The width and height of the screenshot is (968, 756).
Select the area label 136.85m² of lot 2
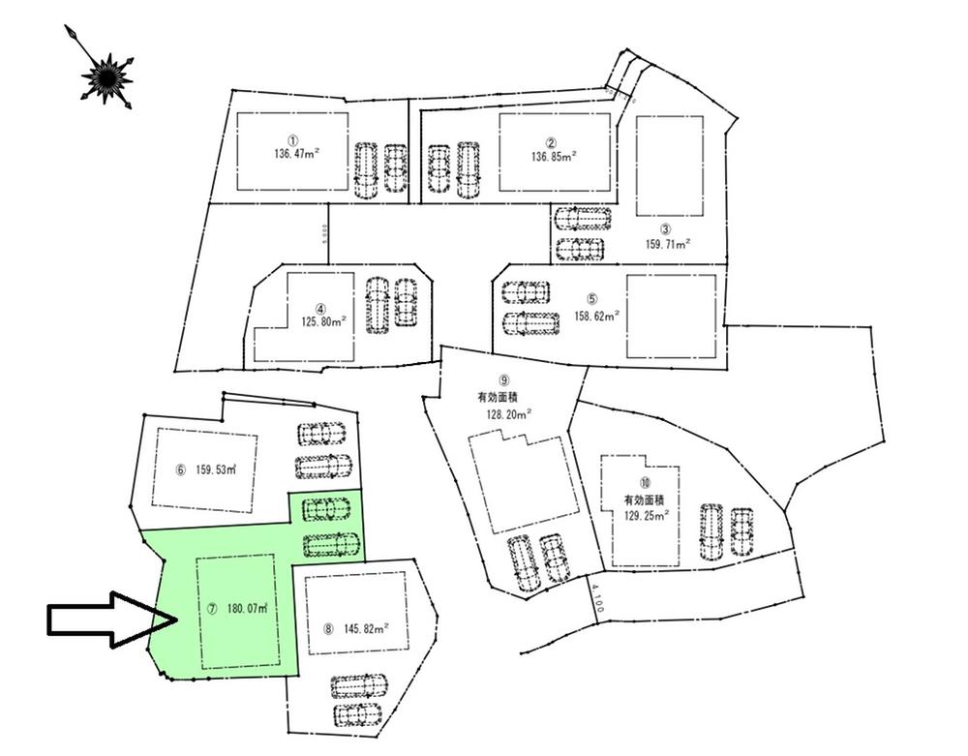pyautogui.click(x=555, y=155)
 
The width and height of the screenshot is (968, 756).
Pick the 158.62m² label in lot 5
pyautogui.click(x=596, y=314)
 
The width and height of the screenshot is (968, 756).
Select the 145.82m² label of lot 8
pyautogui.click(x=366, y=627)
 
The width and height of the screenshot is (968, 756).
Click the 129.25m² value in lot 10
pyautogui.click(x=648, y=516)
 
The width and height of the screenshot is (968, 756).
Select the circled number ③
pyautogui.click(x=666, y=229)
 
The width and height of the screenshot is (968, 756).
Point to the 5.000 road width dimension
pyautogui.click(x=327, y=235)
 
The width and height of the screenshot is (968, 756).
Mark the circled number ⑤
pyautogui.click(x=593, y=299)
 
